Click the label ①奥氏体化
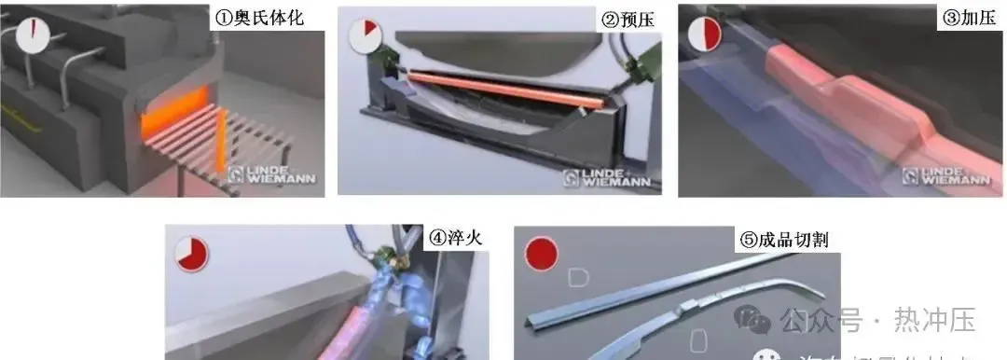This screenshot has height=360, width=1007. click(x=261, y=18)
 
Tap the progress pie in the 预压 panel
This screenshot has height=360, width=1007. click(x=365, y=37)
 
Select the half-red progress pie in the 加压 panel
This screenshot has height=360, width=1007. click(x=705, y=36)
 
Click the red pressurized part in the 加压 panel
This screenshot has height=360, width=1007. click(x=839, y=93)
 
